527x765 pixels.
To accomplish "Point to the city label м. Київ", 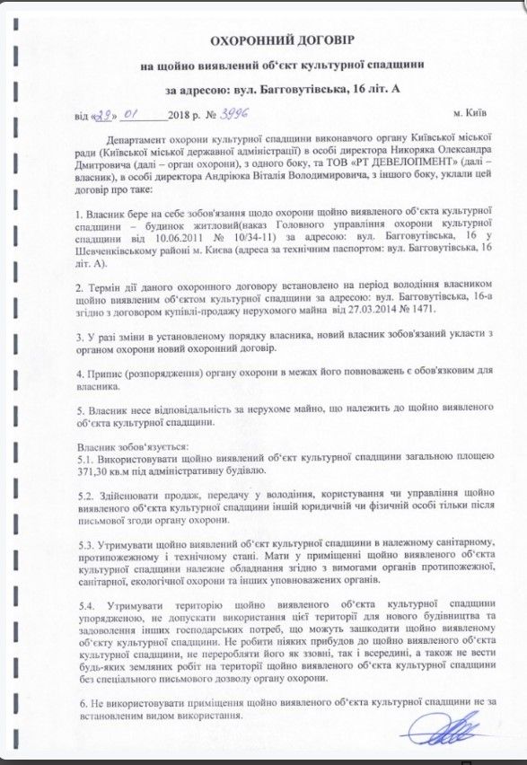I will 470,116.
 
